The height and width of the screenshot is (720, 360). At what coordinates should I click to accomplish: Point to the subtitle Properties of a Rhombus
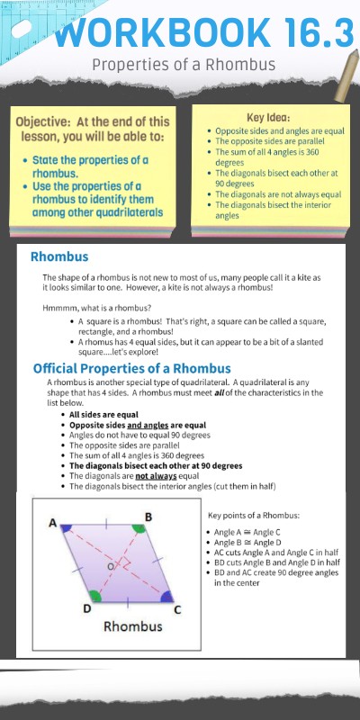pyautogui.click(x=183, y=66)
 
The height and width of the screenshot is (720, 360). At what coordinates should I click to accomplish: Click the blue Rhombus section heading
pyautogui.click(x=58, y=256)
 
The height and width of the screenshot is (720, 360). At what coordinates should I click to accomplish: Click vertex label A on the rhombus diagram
pyautogui.click(x=53, y=523)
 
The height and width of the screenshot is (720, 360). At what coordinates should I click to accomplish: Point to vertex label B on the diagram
pyautogui.click(x=148, y=517)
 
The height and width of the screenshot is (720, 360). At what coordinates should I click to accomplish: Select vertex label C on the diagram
pyautogui.click(x=176, y=609)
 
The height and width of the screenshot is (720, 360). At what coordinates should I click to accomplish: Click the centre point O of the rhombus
pyautogui.click(x=110, y=568)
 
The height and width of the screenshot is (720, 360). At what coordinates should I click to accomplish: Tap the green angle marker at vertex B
pyautogui.click(x=138, y=528)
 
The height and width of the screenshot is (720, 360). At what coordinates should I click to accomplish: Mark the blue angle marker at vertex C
pyautogui.click(x=166, y=596)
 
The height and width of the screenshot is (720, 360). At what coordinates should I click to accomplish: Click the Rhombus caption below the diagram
pyautogui.click(x=133, y=625)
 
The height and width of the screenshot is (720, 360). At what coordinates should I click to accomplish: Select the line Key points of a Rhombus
pyautogui.click(x=254, y=516)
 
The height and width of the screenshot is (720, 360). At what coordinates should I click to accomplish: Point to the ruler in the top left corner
pyautogui.click(x=22, y=22)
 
